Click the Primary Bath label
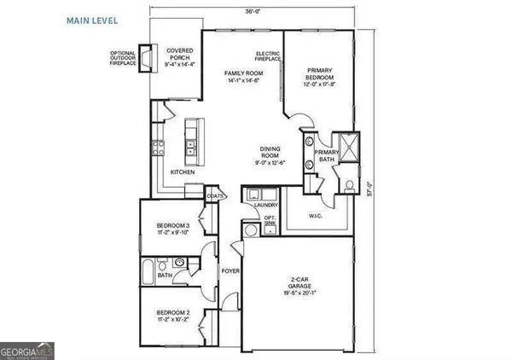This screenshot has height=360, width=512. pyautogui.click(x=327, y=154)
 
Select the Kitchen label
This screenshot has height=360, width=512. pyautogui.click(x=183, y=172)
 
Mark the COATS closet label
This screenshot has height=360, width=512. pyautogui.click(x=214, y=195)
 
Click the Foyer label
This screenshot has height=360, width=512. pyautogui.click(x=230, y=271)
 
